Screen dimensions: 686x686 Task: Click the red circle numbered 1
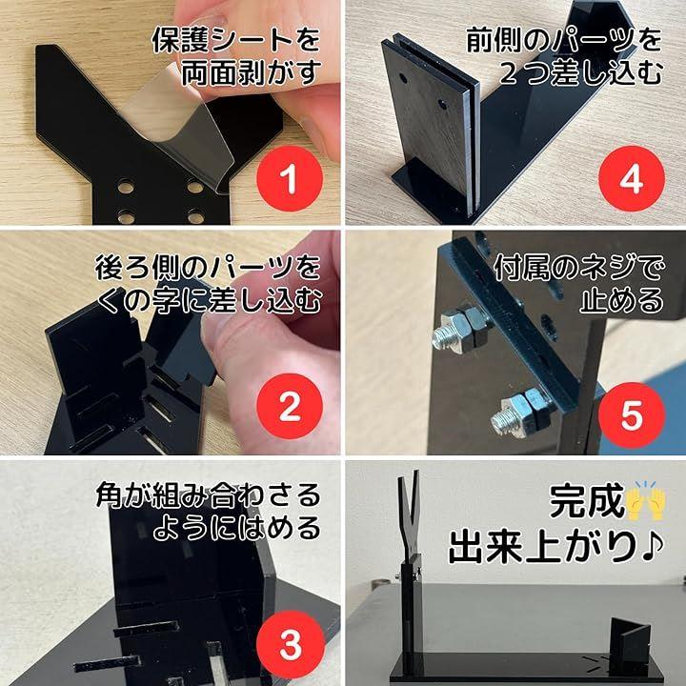pos(290,179)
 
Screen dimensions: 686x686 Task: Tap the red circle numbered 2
pos(290,407)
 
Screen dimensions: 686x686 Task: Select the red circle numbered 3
pos(290,644)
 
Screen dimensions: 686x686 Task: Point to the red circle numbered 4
pos(632,179)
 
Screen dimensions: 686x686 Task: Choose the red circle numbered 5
pos(632,415)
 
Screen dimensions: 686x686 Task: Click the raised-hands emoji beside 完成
pos(645,500)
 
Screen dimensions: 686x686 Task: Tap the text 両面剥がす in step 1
pos(251,72)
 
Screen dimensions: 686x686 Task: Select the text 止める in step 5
pos(621,300)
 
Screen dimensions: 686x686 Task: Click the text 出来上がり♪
pos(556,547)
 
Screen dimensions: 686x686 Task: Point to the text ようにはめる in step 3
pos(236,528)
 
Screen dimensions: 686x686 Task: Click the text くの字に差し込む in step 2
pos(209,300)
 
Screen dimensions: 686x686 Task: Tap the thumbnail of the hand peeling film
pos(171,112)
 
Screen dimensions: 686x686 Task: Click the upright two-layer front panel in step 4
pos(431,125)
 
